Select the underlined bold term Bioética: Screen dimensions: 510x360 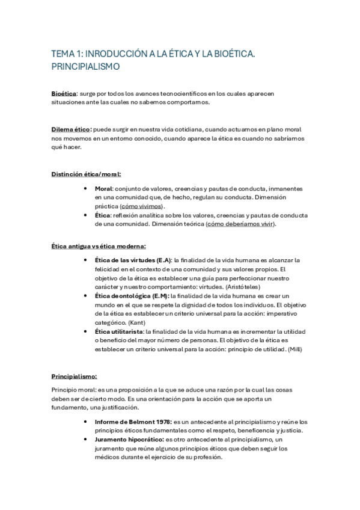click(x=64, y=94)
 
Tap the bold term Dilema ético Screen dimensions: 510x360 click(x=71, y=129)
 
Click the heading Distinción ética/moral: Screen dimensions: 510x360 click(x=86, y=174)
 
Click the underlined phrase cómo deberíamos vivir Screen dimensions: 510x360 click(x=240, y=224)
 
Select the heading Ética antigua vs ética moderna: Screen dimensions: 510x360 click(x=99, y=245)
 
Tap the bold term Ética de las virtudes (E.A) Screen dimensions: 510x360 click(x=133, y=260)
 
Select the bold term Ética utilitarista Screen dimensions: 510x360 click(x=118, y=331)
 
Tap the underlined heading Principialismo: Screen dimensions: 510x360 click(x=75, y=376)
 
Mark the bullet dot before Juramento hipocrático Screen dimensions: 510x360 click(x=87, y=440)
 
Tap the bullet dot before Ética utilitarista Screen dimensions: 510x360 click(x=87, y=331)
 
